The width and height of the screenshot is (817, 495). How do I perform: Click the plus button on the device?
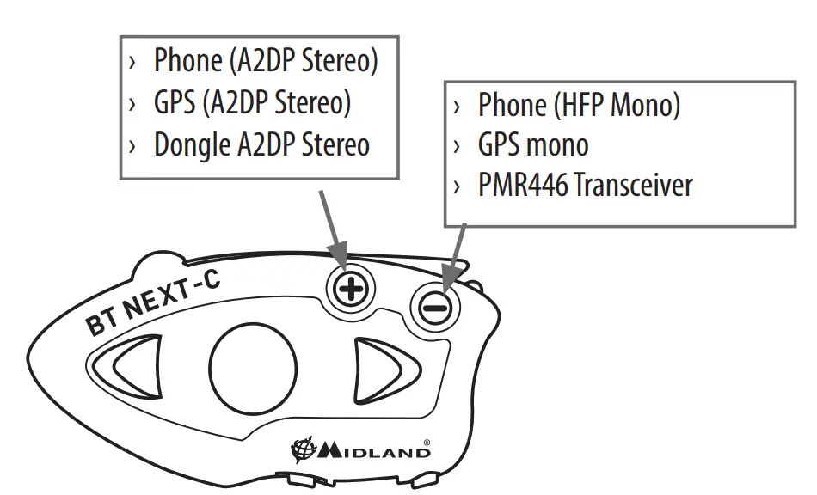pos(349,288)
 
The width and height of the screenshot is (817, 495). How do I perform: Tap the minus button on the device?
pos(437,305)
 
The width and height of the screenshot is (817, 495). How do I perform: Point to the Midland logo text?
pos(375,451)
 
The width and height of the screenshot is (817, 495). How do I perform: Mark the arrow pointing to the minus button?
pos(454,253)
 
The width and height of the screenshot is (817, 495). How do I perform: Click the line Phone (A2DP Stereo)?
pos(265,62)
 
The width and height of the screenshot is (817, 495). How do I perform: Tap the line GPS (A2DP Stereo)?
pos(252,103)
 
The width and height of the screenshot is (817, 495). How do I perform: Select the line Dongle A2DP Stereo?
pos(261,144)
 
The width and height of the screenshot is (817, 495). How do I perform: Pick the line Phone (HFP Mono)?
pos(578,105)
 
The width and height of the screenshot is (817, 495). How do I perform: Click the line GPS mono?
pos(532,145)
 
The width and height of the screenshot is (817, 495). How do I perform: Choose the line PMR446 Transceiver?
pos(585,186)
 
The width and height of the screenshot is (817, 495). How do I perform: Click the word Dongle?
pos(192,144)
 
